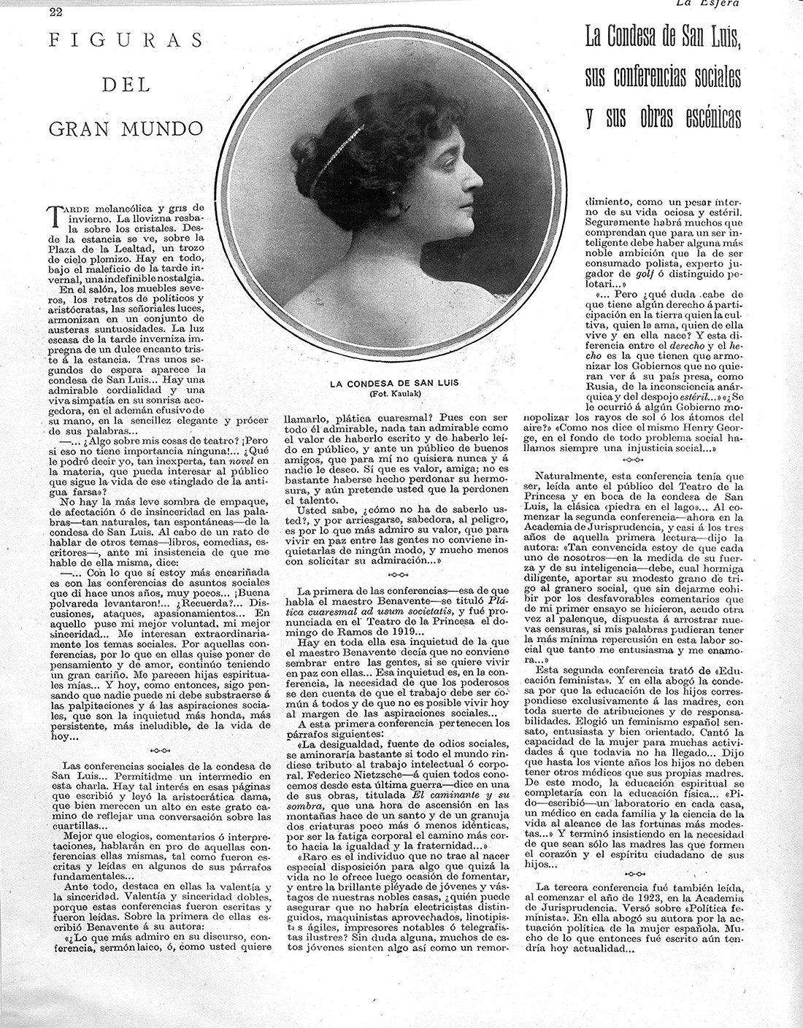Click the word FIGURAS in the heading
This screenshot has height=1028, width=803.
pyautogui.click(x=126, y=41)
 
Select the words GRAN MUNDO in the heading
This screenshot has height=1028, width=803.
pyautogui.click(x=126, y=129)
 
